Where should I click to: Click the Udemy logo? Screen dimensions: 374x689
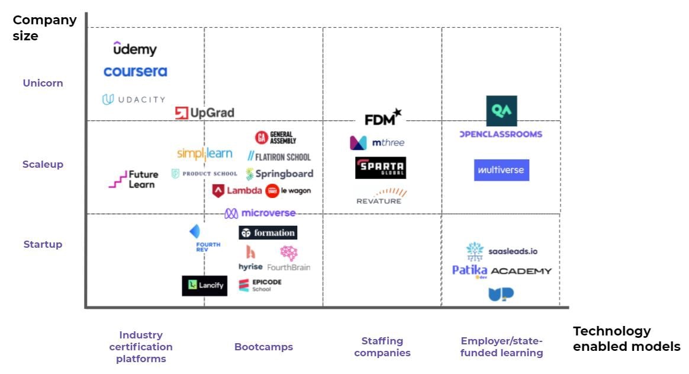click(x=135, y=49)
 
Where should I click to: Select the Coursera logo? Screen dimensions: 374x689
click(x=135, y=72)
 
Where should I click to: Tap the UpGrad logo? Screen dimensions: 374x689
click(x=205, y=113)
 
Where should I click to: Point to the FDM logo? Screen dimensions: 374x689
click(x=382, y=118)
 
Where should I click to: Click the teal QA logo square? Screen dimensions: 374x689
click(x=501, y=111)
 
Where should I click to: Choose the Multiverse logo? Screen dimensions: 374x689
click(x=501, y=170)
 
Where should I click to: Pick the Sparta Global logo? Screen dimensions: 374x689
click(x=381, y=168)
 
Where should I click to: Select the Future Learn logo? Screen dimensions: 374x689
click(x=134, y=179)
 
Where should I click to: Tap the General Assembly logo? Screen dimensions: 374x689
click(x=275, y=138)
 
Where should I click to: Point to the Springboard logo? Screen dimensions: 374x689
click(x=279, y=174)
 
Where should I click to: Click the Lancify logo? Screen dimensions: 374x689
click(x=204, y=286)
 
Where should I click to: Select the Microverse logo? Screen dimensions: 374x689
click(x=260, y=213)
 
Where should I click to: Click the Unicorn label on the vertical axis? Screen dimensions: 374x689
click(x=43, y=83)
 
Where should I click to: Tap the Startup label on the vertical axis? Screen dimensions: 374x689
click(x=43, y=244)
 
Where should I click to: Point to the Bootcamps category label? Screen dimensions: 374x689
click(x=263, y=347)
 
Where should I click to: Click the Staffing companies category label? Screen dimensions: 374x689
click(x=382, y=347)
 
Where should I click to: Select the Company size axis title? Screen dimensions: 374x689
click(x=44, y=28)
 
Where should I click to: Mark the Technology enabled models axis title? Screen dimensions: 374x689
click(x=626, y=338)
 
